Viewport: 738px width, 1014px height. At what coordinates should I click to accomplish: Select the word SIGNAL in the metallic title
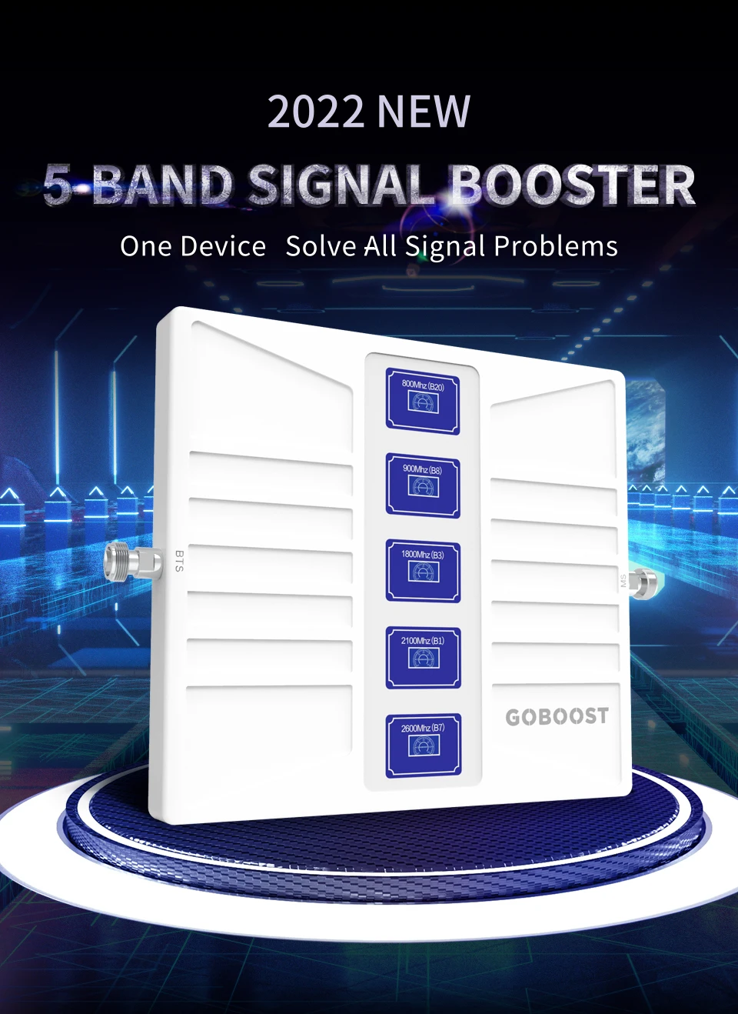341,186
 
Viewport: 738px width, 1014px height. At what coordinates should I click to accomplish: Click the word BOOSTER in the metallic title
572,186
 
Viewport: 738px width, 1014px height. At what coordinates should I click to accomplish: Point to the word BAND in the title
161,186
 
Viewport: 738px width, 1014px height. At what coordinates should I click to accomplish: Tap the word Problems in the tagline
555,246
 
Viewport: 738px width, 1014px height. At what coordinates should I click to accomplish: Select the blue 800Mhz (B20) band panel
423,401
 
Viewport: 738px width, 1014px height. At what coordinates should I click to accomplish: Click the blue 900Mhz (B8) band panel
423,485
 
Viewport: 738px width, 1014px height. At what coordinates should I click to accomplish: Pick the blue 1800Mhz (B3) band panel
423,571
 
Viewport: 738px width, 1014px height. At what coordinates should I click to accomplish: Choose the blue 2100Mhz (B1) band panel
423,657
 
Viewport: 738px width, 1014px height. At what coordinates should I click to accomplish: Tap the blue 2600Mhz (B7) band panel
423,744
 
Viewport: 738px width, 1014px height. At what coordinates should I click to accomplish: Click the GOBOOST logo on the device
557,717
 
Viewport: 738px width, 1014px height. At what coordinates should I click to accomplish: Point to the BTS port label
179,561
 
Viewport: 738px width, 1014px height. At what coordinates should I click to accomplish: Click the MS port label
623,581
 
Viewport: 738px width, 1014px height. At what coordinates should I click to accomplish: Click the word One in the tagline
145,246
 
